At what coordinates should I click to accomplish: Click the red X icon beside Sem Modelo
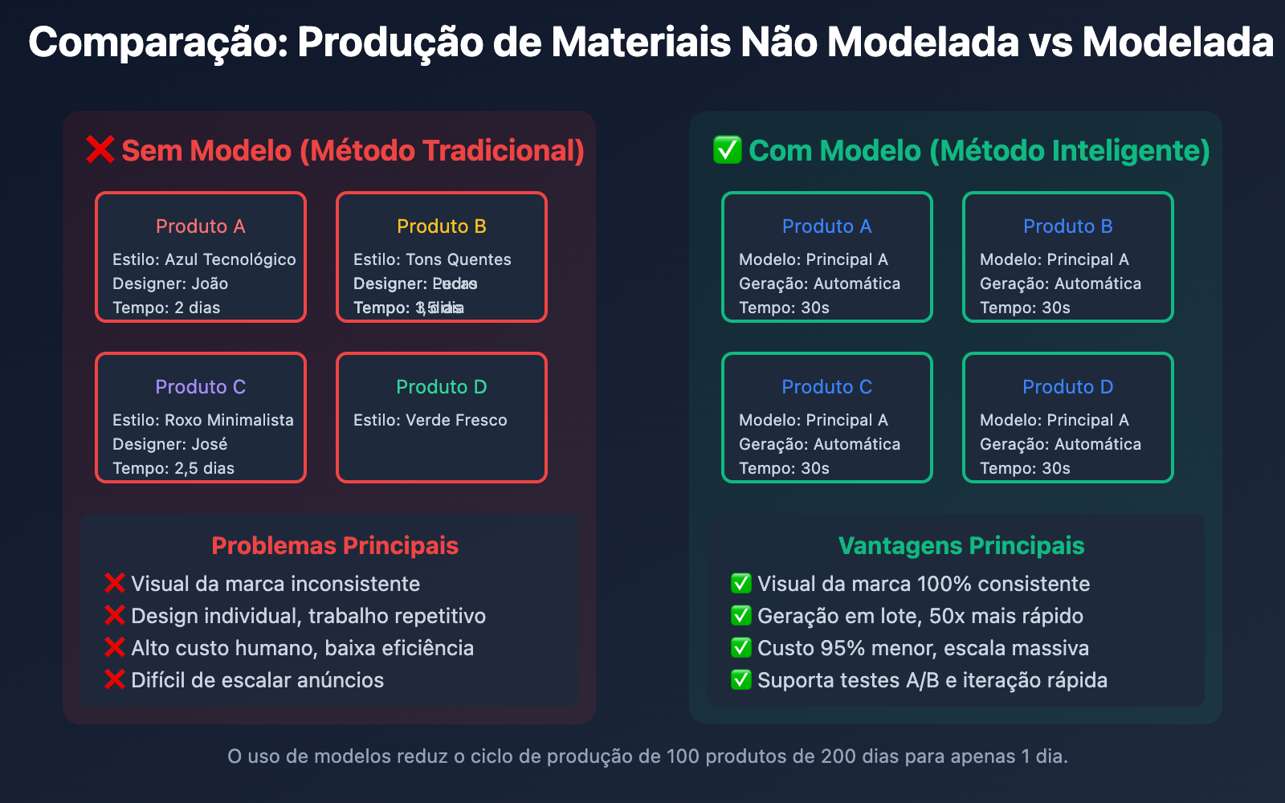pyautogui.click(x=100, y=150)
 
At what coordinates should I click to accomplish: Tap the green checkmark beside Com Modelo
pyautogui.click(x=727, y=150)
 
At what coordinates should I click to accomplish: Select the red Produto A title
pyautogui.click(x=201, y=226)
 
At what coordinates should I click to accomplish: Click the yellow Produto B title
pyautogui.click(x=442, y=226)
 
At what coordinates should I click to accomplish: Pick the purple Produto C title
pyautogui.click(x=201, y=387)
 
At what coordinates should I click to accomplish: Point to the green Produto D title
pyautogui.click(x=442, y=387)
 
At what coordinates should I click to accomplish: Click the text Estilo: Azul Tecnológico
pyautogui.click(x=204, y=259)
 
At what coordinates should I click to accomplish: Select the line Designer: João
pyautogui.click(x=170, y=283)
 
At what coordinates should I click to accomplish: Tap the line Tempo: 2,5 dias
pyautogui.click(x=173, y=468)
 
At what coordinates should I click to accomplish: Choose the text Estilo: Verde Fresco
pyautogui.click(x=430, y=420)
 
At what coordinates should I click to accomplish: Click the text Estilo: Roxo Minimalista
pyautogui.click(x=203, y=420)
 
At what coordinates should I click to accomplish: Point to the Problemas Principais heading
pyautogui.click(x=335, y=546)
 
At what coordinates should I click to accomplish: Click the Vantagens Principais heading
pyautogui.click(x=961, y=546)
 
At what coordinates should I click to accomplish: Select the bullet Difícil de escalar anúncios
pyautogui.click(x=257, y=680)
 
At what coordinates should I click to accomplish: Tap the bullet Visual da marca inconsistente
pyautogui.click(x=275, y=584)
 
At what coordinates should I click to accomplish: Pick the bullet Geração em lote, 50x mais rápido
pyautogui.click(x=920, y=616)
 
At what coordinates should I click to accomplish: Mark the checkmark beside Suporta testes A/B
pyautogui.click(x=740, y=680)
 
